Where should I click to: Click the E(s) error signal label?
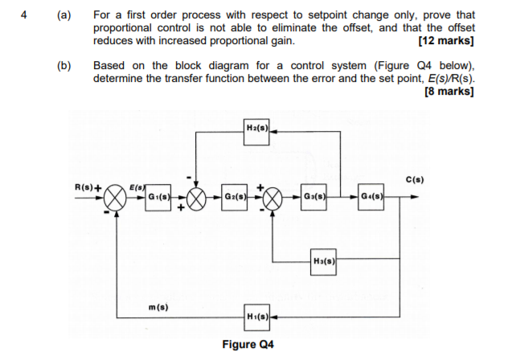coord(138,186)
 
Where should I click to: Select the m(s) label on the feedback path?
coord(159,306)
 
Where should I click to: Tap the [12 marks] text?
coord(446,40)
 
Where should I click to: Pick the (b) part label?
coord(63,65)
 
